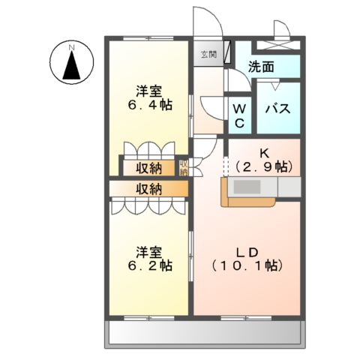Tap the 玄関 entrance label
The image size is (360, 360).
(208, 55)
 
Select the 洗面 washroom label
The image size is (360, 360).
(262, 67)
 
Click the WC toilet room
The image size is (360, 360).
(239, 115)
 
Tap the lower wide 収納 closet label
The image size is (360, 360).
(148, 189)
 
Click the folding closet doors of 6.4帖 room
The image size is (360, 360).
(148, 149)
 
